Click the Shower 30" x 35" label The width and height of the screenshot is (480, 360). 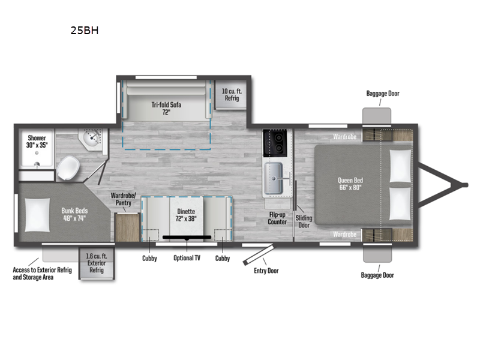37,142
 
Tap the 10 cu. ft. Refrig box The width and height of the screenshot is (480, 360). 231,95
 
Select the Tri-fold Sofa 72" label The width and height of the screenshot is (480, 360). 166,108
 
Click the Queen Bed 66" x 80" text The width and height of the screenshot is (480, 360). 350,184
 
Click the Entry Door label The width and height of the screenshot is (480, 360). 266,271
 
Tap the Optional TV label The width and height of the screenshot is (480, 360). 187,258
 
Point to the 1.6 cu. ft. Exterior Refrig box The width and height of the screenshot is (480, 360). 96,263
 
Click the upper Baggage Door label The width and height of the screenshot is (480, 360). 382,94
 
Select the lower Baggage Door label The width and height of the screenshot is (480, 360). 377,275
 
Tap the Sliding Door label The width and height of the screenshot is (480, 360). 304,221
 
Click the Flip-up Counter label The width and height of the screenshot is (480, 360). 277,218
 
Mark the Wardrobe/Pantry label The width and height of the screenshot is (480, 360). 124,199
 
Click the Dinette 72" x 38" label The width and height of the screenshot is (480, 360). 186,215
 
